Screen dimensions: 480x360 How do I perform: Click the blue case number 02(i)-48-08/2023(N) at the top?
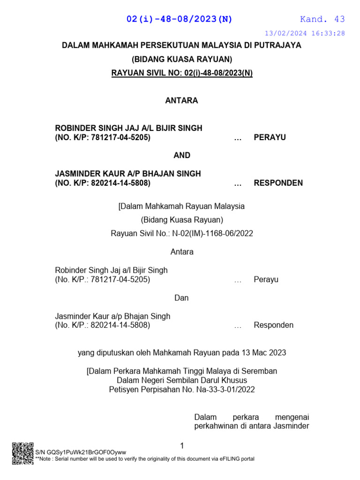(180, 19)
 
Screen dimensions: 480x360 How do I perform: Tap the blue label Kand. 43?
(322, 19)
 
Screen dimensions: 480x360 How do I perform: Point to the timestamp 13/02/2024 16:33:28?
(305, 33)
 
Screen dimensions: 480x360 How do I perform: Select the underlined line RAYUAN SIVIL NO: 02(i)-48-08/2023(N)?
(181, 74)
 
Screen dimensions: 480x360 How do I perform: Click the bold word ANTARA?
(181, 101)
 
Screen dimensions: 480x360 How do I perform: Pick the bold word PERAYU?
(270, 137)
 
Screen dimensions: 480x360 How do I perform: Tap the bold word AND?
(181, 155)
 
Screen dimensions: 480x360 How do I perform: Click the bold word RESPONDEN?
(278, 183)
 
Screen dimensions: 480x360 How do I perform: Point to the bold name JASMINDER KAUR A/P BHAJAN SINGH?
(128, 173)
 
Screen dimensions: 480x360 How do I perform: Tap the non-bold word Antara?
(182, 252)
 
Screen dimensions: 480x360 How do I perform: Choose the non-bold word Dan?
(181, 298)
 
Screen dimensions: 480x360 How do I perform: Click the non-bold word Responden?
(274, 325)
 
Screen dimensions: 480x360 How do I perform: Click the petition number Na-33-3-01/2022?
(222, 389)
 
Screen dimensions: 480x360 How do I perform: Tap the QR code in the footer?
(22, 453)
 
